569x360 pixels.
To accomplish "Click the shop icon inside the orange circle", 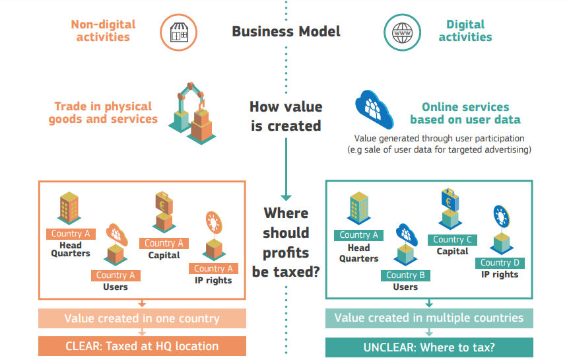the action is pyautogui.click(x=179, y=32).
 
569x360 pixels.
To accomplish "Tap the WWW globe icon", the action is pyautogui.click(x=402, y=32).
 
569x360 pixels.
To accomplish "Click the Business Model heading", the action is pyautogui.click(x=286, y=31).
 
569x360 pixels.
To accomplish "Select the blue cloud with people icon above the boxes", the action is pyautogui.click(x=374, y=110).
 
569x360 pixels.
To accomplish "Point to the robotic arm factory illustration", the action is pyautogui.click(x=192, y=114).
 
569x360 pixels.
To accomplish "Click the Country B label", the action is pyautogui.click(x=405, y=275).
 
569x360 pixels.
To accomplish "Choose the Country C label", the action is pyautogui.click(x=452, y=240).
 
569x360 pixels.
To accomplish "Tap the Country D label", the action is pyautogui.click(x=500, y=263).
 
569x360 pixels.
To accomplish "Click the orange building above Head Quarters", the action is pyautogui.click(x=69, y=207).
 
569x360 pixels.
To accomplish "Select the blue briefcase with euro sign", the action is pyautogui.click(x=450, y=199).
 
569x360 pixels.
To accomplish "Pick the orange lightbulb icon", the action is pyautogui.click(x=214, y=223).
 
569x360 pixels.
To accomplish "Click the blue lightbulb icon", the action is pyautogui.click(x=502, y=216).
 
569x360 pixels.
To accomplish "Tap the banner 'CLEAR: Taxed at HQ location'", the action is pyautogui.click(x=143, y=346).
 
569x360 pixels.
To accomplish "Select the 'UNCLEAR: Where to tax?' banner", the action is pyautogui.click(x=429, y=347).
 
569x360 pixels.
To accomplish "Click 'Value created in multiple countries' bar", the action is pyautogui.click(x=429, y=318).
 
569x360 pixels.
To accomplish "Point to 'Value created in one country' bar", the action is pyautogui.click(x=143, y=318).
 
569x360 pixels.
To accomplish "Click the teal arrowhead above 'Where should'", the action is pyautogui.click(x=286, y=198).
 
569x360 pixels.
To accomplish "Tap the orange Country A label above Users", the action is pyautogui.click(x=116, y=275).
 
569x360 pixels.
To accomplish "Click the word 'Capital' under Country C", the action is pyautogui.click(x=452, y=252).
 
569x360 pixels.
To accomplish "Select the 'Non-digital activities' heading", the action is pyautogui.click(x=103, y=30).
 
